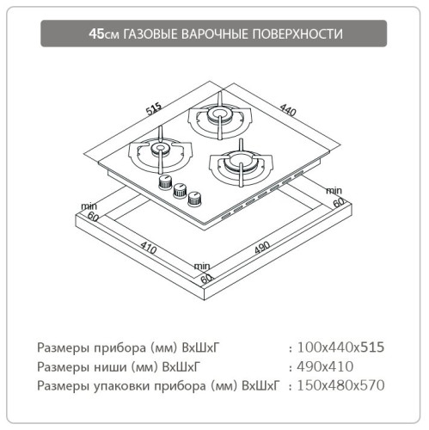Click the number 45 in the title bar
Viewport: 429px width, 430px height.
point(98,34)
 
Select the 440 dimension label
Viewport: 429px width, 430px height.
point(286,111)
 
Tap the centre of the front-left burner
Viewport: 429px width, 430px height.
point(160,152)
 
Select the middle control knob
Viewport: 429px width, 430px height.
point(180,190)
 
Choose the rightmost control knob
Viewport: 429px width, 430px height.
point(197,199)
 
